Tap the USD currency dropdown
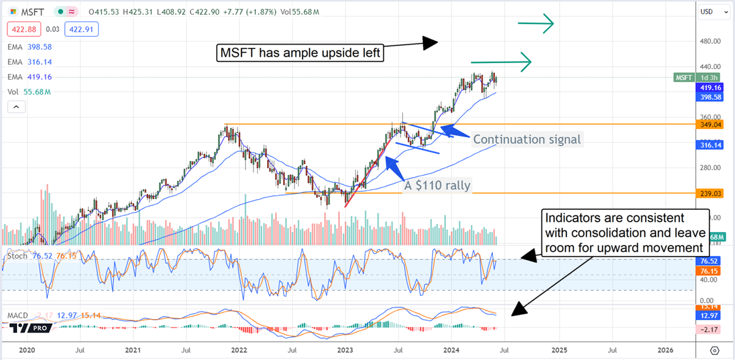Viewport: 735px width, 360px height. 714,12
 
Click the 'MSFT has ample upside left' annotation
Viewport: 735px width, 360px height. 300,53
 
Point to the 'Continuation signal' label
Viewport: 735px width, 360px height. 527,140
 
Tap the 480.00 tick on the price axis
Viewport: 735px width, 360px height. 710,41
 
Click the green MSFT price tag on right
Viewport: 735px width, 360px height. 684,78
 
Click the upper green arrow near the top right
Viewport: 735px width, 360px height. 535,23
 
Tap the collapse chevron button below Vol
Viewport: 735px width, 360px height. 17,107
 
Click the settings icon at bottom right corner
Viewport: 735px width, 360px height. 714,350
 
